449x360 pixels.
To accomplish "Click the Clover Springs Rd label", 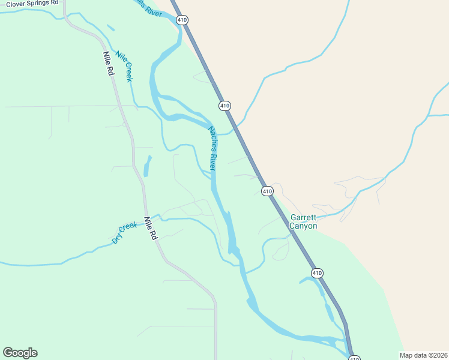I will tap(32, 4).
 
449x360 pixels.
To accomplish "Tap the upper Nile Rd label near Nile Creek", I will tap(109, 63).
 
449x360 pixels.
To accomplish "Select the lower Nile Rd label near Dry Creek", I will tap(150, 228).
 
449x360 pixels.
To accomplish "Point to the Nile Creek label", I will tap(125, 66).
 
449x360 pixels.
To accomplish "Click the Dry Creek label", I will tap(124, 233).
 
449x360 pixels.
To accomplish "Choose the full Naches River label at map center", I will tap(212, 148).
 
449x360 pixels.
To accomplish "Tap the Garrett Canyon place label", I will tap(303, 221).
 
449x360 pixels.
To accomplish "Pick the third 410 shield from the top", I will tap(267, 191).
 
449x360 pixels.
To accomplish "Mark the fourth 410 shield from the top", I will tap(317, 273).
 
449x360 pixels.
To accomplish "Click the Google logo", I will tap(20, 353).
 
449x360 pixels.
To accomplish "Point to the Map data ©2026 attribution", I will tap(424, 355).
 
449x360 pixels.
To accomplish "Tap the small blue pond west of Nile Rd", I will tap(146, 165).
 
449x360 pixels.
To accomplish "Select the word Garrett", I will tap(303, 217).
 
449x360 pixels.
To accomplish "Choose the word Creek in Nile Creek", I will tap(128, 72).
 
